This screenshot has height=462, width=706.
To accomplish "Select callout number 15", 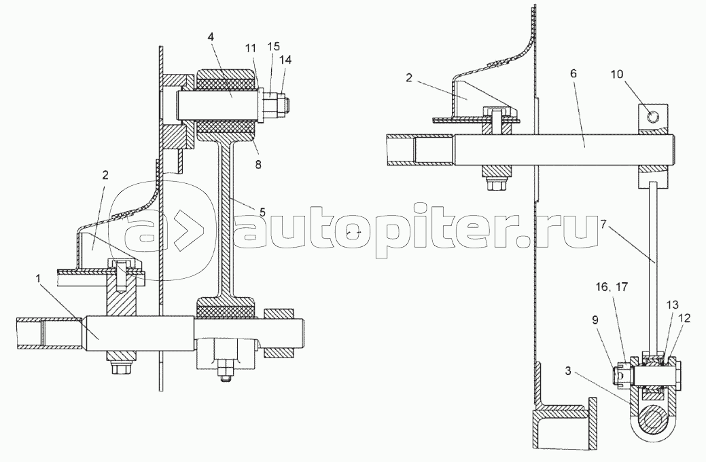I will [x=274, y=46].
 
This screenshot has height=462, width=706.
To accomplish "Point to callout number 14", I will [x=285, y=60].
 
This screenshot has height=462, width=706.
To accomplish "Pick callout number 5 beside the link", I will [x=262, y=211].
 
